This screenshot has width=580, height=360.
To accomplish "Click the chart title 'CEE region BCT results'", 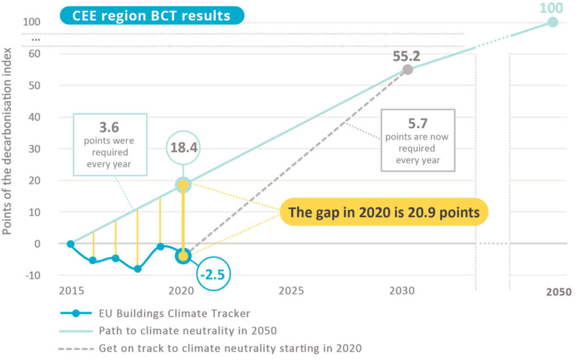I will coord(151,15).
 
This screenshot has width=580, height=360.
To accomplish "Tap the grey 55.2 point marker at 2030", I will coord(407,70).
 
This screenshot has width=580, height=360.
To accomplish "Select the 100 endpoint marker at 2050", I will coord(553,22).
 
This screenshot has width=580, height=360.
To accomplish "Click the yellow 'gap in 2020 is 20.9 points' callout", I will coord(384,212).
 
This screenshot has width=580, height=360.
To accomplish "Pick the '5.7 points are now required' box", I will coord(418,140).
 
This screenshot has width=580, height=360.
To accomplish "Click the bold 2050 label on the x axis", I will coord(558,292).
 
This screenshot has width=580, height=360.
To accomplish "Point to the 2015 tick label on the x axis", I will coord(71,291).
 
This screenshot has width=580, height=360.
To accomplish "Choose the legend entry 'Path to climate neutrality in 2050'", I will coord(187,330).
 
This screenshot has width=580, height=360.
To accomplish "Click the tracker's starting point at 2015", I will coord(71,244).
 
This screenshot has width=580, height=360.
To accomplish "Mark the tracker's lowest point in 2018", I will coord(138,268).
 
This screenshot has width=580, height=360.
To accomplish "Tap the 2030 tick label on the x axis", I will coord(402,291).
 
